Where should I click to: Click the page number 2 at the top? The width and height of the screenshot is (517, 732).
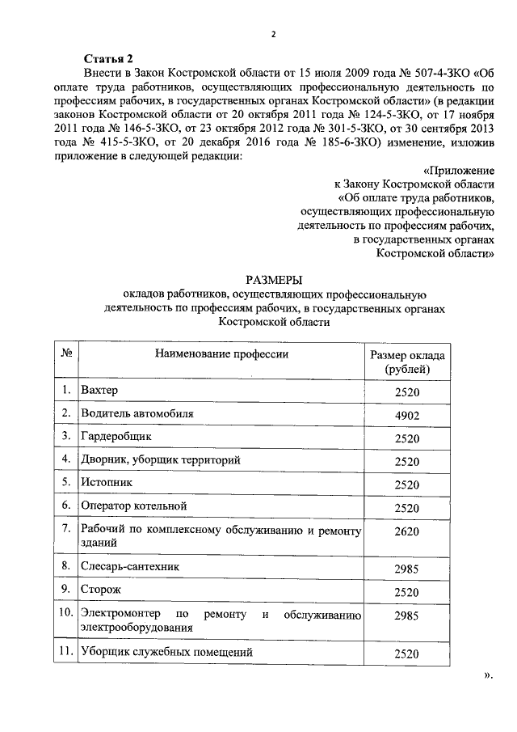[273, 34]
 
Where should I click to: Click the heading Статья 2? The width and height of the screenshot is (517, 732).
[109, 60]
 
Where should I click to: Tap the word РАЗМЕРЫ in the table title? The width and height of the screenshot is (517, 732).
[275, 279]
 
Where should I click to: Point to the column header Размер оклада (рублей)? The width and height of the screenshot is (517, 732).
[408, 362]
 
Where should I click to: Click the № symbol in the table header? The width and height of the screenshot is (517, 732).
[68, 354]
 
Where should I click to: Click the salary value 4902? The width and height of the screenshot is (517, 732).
[408, 415]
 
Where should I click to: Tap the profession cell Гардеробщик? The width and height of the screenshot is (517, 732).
[116, 437]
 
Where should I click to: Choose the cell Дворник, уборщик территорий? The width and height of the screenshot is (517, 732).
[161, 459]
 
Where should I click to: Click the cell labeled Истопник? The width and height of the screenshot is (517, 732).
[107, 482]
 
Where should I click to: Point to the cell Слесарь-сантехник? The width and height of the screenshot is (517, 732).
[130, 566]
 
